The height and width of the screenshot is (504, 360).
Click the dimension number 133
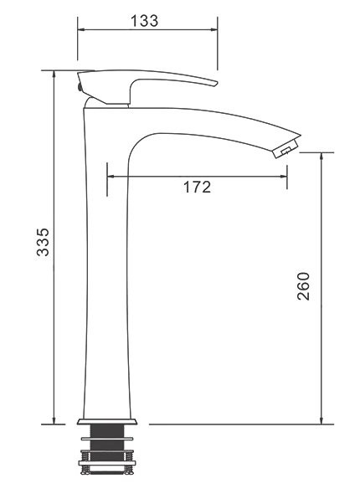coord(144,21)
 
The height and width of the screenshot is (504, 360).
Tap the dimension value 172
coord(197,187)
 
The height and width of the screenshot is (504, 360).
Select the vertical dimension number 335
coord(43,242)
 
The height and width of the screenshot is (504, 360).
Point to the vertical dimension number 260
coord(303,286)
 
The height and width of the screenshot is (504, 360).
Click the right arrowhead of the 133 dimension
coord(213,29)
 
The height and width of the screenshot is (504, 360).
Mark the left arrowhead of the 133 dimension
coord(81,29)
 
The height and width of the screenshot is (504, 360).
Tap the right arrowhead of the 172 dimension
coord(284,176)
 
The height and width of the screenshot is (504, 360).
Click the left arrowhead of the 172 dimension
coord(111,176)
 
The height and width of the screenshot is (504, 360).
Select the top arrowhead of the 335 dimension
coord(54,75)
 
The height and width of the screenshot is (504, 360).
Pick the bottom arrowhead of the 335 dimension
coord(54,420)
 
